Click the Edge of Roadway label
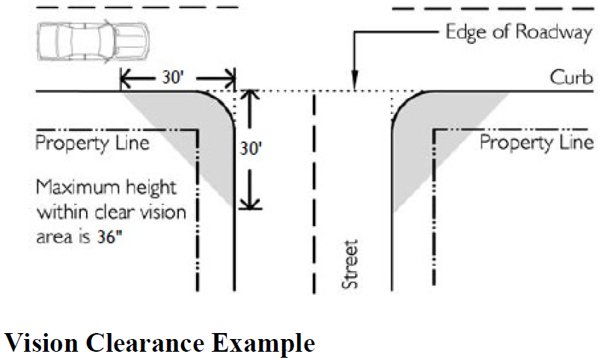click(516, 32)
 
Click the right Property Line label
click(536, 142)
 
